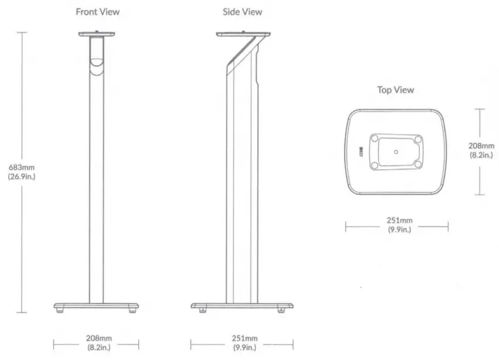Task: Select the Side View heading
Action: tap(242, 12)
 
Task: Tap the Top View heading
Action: tap(395, 90)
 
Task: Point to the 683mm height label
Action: tap(22, 167)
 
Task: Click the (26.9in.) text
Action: tap(22, 176)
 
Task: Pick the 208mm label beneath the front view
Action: tap(96, 339)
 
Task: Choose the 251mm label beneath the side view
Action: tap(242, 339)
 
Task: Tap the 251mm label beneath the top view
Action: tap(399, 221)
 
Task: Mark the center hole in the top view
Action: tap(396, 152)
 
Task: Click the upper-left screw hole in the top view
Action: tap(374, 139)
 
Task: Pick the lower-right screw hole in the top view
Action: tap(418, 165)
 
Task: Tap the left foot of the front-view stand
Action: tap(60, 311)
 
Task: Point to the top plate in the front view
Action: tap(96, 34)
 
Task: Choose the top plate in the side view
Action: tap(242, 34)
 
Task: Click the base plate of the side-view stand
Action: tap(242, 306)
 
